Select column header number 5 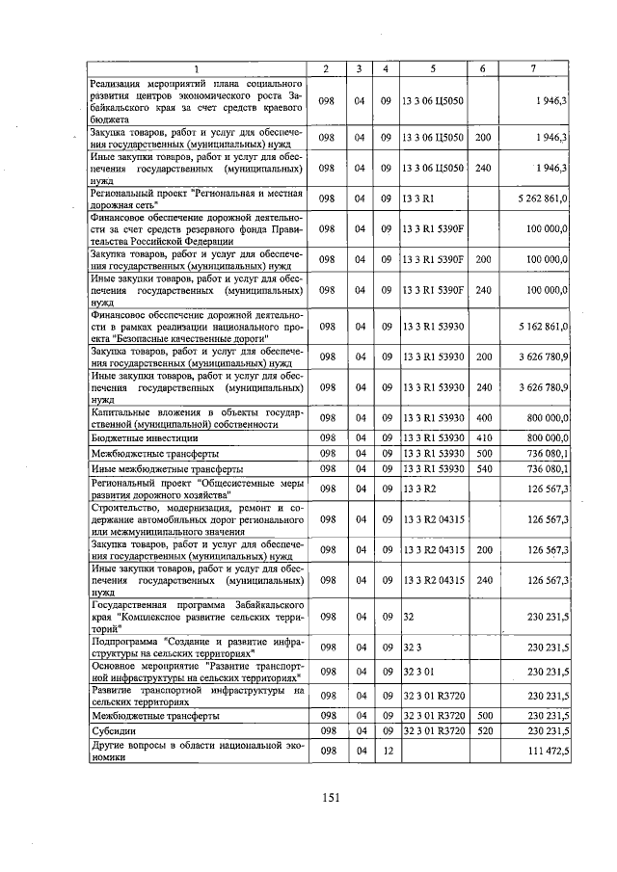[x=433, y=68]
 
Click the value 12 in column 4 [x=385, y=751]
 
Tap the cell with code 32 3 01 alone [x=421, y=672]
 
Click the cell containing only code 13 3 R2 [x=418, y=489]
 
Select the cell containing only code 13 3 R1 [x=418, y=198]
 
